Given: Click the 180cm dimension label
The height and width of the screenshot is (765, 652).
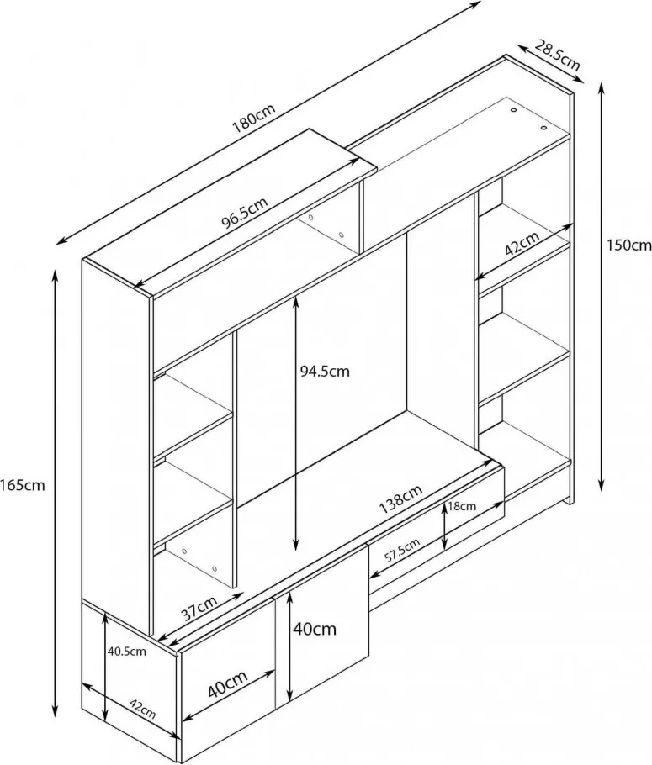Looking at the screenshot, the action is [x=254, y=119].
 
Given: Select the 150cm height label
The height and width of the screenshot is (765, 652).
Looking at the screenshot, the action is [x=629, y=245].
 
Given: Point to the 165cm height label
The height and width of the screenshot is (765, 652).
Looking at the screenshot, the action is [x=23, y=485].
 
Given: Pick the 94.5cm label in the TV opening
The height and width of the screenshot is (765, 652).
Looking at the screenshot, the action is [x=325, y=372].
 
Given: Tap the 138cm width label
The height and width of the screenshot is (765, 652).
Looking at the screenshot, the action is [x=400, y=499].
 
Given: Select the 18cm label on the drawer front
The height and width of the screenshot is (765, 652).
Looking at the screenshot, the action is [x=462, y=506].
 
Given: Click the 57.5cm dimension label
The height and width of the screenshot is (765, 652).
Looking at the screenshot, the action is [x=401, y=551].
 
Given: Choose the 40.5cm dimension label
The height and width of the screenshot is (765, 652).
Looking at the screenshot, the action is [x=126, y=652].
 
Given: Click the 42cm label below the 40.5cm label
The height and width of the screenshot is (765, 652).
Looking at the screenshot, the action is [x=143, y=709].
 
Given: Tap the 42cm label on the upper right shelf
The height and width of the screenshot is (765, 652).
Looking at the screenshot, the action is [x=522, y=244].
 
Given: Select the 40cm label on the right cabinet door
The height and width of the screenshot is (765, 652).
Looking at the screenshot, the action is [x=315, y=630].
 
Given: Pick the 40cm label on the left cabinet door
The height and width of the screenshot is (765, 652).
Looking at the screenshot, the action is [x=228, y=684].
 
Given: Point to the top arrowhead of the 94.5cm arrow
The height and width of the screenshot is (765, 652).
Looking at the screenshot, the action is [x=295, y=303].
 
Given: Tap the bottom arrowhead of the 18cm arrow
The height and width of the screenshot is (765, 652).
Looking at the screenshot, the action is [x=444, y=544].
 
